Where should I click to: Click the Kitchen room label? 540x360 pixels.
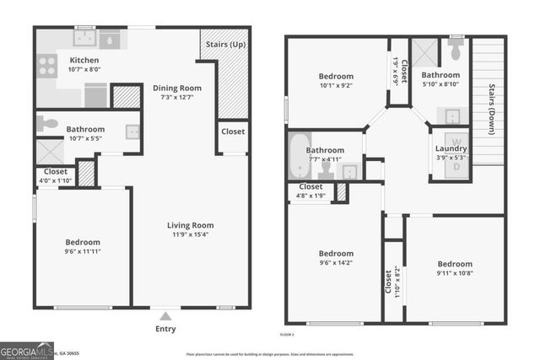point(84,61)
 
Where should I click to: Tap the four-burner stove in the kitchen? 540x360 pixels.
point(46,66)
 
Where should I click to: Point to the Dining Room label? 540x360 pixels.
point(177,88)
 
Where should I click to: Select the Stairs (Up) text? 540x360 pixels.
point(224,43)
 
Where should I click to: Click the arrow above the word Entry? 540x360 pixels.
point(165,315)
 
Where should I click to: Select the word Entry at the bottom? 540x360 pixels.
point(165,329)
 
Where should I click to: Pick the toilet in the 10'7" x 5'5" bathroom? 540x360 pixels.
point(47,123)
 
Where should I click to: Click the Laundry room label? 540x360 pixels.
point(451,149)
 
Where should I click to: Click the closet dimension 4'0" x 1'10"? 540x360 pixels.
point(56,180)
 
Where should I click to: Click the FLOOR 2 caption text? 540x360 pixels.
point(288,335)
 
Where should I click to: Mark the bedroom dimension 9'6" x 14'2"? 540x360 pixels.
point(336,263)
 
